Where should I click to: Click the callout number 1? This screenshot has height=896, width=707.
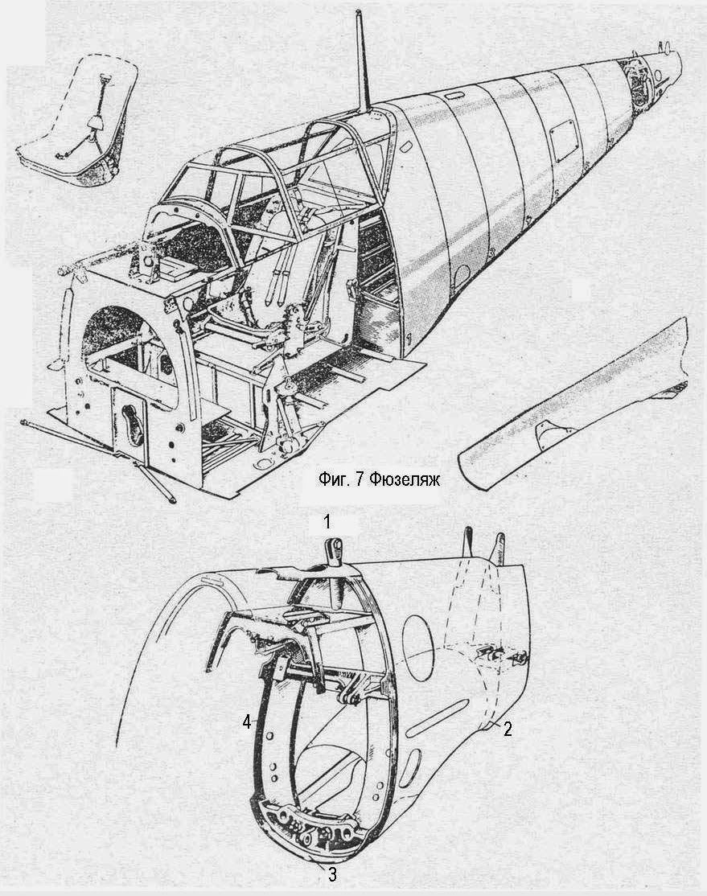coord(327,521)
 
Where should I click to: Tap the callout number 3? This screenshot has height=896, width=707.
coord(331,873)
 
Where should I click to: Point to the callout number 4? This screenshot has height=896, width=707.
coord(246,722)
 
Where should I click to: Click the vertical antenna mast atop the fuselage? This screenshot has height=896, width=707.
coord(362,60)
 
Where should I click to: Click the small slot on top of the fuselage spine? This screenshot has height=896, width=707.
coord(452,93)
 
